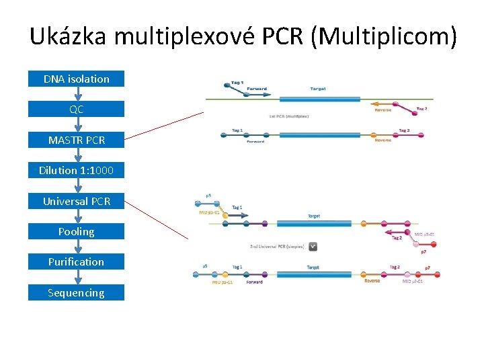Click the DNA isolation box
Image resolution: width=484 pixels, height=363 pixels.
76,79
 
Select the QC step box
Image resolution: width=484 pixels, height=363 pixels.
76,109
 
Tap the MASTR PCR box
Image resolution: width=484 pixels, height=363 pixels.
76,140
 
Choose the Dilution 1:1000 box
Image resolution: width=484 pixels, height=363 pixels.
76,170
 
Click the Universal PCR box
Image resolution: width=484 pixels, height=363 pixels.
76,201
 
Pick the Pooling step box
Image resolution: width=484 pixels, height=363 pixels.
76,231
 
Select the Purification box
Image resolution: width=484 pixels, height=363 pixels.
76,261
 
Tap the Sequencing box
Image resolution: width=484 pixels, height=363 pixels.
76,292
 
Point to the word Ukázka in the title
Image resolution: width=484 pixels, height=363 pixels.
68,36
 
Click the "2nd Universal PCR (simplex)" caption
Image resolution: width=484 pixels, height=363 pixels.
277,247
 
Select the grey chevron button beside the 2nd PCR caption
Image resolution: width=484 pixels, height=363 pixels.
312,247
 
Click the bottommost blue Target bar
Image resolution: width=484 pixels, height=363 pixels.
316,274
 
